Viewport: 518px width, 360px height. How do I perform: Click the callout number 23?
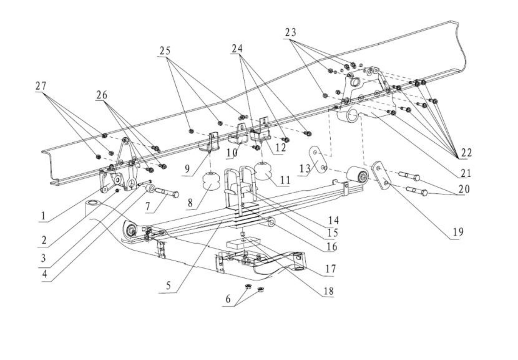pyautogui.click(x=291, y=32)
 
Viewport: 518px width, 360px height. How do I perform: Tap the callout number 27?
pyautogui.click(x=41, y=86)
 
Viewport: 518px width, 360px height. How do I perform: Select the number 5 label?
pyautogui.click(x=168, y=286)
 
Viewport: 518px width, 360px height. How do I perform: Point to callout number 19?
pyautogui.click(x=457, y=232)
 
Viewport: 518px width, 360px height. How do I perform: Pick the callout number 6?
pyautogui.click(x=228, y=299)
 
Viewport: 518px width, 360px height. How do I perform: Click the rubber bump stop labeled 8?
pyautogui.click(x=211, y=183)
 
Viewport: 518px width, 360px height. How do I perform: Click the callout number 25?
pyautogui.click(x=165, y=51)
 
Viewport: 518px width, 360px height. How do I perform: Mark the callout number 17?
pyautogui.click(x=330, y=269)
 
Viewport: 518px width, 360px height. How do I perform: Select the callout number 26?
pyautogui.click(x=102, y=95)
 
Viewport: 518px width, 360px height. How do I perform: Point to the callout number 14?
pyautogui.click(x=333, y=220)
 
